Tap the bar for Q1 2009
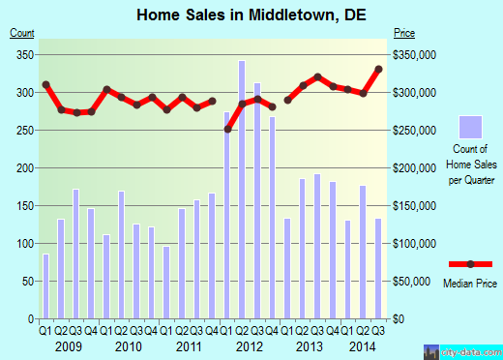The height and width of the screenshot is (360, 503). (45, 285)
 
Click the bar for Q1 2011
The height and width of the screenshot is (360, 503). (166, 283)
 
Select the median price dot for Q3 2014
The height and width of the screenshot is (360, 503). (378, 70)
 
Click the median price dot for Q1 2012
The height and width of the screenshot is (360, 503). (227, 129)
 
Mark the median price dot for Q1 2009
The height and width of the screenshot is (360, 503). (45, 84)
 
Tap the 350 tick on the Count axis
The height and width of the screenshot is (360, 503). (22, 54)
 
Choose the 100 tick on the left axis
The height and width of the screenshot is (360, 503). (22, 244)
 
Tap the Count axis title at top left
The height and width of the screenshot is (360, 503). (22, 33)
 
